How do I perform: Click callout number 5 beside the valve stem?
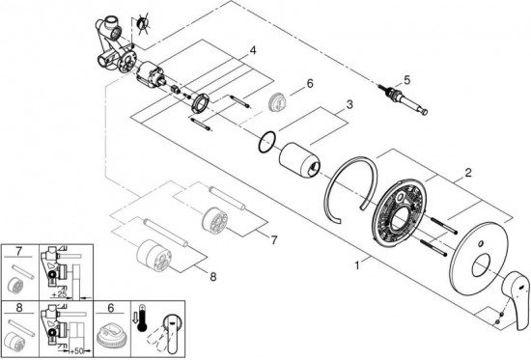pyautogui.click(x=406, y=80)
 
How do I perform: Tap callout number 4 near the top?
pyautogui.click(x=253, y=51)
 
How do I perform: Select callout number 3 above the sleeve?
pyautogui.click(x=349, y=104)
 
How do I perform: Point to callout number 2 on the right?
pyautogui.click(x=468, y=173)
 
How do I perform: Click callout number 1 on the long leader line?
pyautogui.click(x=357, y=265)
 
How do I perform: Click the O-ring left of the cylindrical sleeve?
pyautogui.click(x=267, y=142)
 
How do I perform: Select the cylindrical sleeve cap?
pyautogui.click(x=298, y=160)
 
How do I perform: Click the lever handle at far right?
pyautogui.click(x=515, y=298)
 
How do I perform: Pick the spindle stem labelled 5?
pyautogui.click(x=403, y=99)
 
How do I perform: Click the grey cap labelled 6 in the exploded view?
pyautogui.click(x=278, y=102)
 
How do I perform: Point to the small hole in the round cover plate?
pyautogui.click(x=480, y=244)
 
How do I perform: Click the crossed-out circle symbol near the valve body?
pyautogui.click(x=142, y=24)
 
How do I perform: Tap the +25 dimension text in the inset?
pyautogui.click(x=59, y=294)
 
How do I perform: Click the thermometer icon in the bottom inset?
pyautogui.click(x=142, y=318)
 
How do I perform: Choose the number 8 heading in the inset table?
pyautogui.click(x=19, y=308)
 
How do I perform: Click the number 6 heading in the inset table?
pyautogui.click(x=111, y=308)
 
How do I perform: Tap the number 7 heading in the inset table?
pyautogui.click(x=19, y=252)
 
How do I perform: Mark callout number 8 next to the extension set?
pyautogui.click(x=212, y=277)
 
